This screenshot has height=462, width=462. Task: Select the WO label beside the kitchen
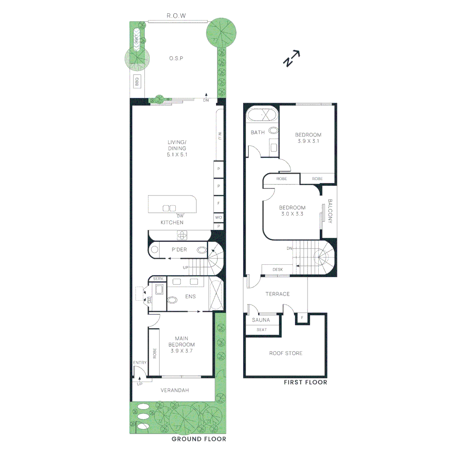pyautogui.click(x=219, y=217)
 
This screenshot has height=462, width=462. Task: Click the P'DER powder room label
pyautogui.click(x=180, y=249)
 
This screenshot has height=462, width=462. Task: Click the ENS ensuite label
pyautogui.click(x=190, y=296)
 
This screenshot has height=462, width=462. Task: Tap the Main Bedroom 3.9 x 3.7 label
pyautogui.click(x=182, y=345)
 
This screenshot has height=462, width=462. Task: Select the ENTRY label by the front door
pyautogui.click(x=140, y=363)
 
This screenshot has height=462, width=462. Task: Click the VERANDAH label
pyautogui.click(x=175, y=390)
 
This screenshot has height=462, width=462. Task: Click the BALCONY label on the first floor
pyautogui.click(x=330, y=211)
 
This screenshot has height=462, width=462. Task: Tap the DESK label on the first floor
pyautogui.click(x=278, y=269)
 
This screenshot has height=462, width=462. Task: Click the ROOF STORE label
pyautogui.click(x=285, y=353)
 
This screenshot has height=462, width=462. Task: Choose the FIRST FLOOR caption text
pyautogui.click(x=305, y=382)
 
